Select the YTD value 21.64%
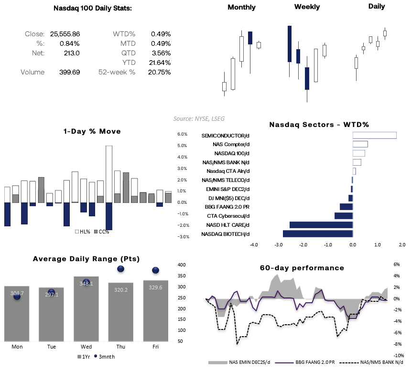pyautogui.click(x=161, y=63)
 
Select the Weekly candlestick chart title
pyautogui.click(x=307, y=7)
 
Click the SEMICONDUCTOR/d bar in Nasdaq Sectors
pyautogui.click(x=374, y=135)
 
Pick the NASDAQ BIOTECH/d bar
pyautogui.click(x=317, y=233)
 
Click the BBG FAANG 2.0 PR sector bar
pyautogui.click(x=346, y=207)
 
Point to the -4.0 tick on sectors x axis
pyautogui.click(x=254, y=244)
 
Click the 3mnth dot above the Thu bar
pyautogui.click(x=120, y=270)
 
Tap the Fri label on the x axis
pyautogui.click(x=155, y=347)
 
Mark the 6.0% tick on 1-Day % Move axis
pyautogui.click(x=182, y=134)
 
